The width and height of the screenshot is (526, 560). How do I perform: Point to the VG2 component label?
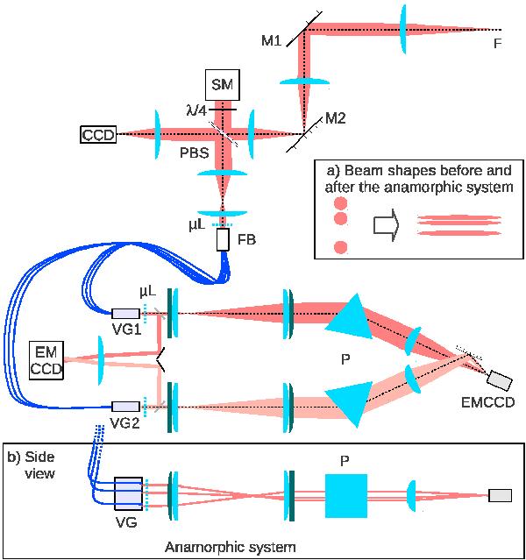[x=128, y=420]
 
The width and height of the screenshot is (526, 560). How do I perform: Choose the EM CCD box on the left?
[x=46, y=358]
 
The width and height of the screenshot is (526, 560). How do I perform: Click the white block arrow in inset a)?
[x=386, y=224]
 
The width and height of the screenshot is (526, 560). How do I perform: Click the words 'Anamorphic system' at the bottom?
[x=243, y=545]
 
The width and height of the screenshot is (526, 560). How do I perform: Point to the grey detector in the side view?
[x=500, y=495]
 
